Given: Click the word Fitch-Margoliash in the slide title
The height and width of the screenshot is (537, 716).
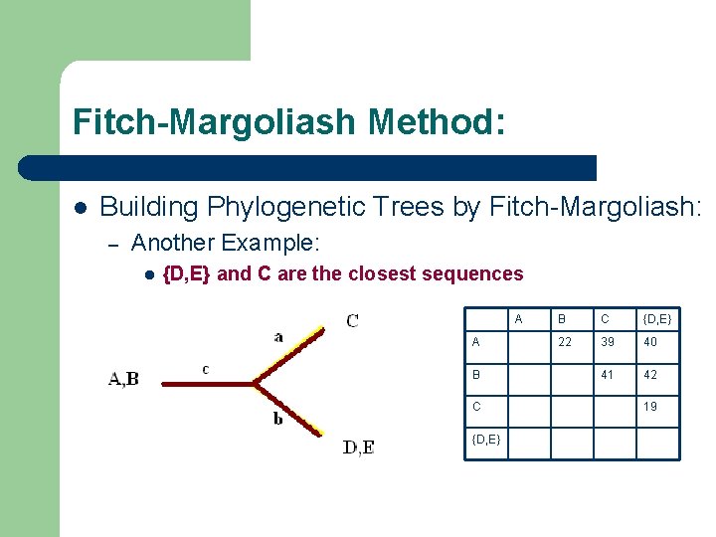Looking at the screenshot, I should pyautogui.click(x=214, y=122).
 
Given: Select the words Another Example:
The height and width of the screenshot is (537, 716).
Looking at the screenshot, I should pyautogui.click(x=225, y=242).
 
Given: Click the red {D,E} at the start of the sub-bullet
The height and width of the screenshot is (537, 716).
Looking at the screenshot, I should pyautogui.click(x=185, y=273).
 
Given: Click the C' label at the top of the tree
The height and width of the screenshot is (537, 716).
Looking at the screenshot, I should pyautogui.click(x=353, y=320).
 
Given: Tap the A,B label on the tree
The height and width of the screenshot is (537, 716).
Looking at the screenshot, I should pyautogui.click(x=123, y=378).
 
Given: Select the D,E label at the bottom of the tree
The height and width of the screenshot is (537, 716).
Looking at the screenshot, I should pyautogui.click(x=358, y=447).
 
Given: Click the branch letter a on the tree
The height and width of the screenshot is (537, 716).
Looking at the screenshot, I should pyautogui.click(x=277, y=337).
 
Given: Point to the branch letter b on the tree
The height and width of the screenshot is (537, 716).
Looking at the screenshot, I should pyautogui.click(x=277, y=419).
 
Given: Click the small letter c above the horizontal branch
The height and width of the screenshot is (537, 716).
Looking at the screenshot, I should pyautogui.click(x=205, y=369).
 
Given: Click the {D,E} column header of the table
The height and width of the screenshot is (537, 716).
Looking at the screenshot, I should pyautogui.click(x=657, y=318).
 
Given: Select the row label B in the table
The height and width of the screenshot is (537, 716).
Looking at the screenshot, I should pyautogui.click(x=476, y=375).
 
